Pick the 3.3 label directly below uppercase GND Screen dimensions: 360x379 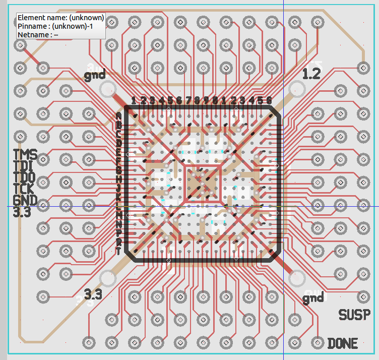tap(22, 212)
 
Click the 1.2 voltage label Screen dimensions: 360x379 tap(311, 74)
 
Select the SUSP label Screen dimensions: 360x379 tap(358, 315)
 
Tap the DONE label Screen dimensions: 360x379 tap(343, 344)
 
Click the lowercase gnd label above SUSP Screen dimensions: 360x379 tap(313, 298)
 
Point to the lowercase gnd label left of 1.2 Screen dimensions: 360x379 tap(95, 76)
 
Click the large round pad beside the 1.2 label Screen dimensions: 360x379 tap(297, 90)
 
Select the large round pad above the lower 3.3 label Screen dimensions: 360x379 tap(108, 278)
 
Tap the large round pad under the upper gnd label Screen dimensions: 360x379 tap(107, 90)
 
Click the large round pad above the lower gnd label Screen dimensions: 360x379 tap(297, 278)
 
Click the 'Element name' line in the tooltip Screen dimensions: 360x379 tap(60, 17)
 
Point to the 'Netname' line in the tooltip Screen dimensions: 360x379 tap(38, 34)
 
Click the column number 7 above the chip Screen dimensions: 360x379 tap(188, 100)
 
